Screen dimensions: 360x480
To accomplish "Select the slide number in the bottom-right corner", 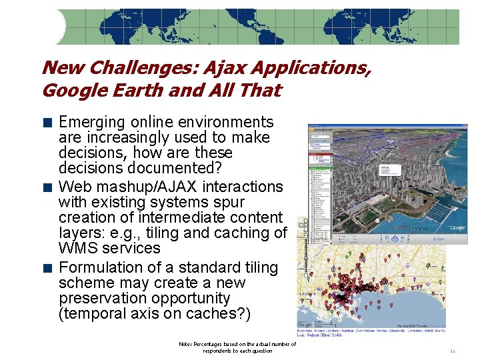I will [x=452, y=351].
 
